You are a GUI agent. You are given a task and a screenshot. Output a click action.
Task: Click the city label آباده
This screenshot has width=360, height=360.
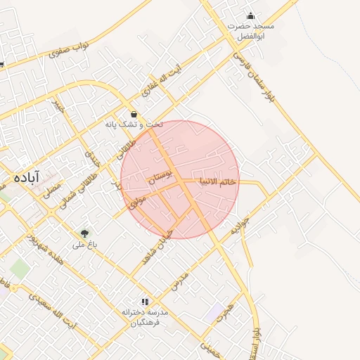tap(25, 176)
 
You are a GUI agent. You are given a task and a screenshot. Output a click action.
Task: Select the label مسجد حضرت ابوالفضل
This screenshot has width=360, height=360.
tap(251, 30)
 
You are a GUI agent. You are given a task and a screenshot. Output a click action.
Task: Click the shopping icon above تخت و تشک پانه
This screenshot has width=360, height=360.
tap(134, 113)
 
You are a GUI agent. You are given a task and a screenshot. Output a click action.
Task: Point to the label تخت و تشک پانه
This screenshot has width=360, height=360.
tap(134, 124)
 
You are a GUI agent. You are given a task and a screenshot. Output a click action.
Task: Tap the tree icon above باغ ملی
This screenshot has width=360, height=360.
tap(84, 233)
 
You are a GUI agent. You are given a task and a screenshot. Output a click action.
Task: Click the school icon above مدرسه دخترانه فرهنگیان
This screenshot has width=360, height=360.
tap(145, 300)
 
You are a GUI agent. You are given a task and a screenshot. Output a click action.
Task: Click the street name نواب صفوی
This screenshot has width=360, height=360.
tap(71, 49)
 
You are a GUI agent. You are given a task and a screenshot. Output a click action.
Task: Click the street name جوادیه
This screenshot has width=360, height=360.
tap(240, 226)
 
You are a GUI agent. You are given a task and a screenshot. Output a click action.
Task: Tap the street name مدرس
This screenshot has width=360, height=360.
tap(180, 280)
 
